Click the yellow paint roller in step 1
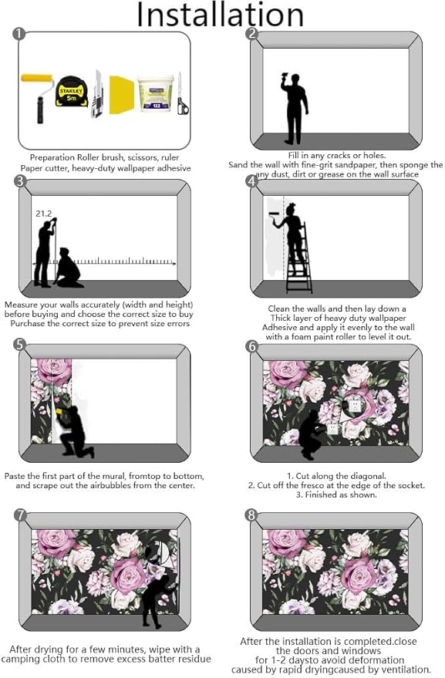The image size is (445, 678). click(x=36, y=93)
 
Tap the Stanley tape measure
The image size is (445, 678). click(x=72, y=90)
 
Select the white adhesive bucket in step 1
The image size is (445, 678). click(x=155, y=93)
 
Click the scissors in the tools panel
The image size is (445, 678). click(x=181, y=96)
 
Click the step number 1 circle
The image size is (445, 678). click(x=19, y=33)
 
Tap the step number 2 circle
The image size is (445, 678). click(x=251, y=33)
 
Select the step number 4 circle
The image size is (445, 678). click(x=251, y=182)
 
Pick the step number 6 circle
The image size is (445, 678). click(x=251, y=346)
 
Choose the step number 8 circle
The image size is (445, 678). click(x=251, y=514)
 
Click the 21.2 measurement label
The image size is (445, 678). click(x=43, y=213)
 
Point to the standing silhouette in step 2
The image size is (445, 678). click(x=294, y=108)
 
